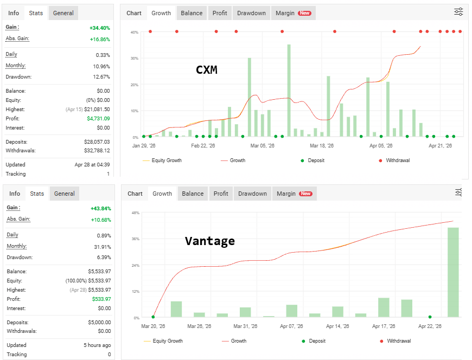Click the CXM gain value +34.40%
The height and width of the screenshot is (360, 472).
click(100, 28)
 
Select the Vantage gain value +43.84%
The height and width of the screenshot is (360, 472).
click(101, 208)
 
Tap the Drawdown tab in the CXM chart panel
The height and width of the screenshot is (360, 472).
click(251, 13)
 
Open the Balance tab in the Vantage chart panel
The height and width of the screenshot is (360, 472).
click(193, 194)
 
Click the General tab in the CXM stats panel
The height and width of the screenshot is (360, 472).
click(63, 13)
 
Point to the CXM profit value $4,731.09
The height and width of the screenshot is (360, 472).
click(98, 119)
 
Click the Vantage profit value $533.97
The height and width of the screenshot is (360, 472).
click(101, 299)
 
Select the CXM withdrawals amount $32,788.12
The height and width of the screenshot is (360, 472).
click(97, 150)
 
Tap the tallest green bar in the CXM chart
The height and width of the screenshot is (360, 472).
click(289, 91)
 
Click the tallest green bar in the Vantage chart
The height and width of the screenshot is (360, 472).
click(453, 272)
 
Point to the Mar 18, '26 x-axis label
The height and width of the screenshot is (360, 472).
click(322, 145)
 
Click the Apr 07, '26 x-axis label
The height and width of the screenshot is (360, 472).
click(291, 326)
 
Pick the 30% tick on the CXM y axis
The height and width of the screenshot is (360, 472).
click(134, 59)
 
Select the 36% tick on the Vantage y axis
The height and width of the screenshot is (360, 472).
click(136, 239)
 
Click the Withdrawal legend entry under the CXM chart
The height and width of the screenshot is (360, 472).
click(394, 160)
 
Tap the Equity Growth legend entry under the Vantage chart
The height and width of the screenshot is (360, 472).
click(163, 340)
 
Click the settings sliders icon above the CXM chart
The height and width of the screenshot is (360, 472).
click(458, 12)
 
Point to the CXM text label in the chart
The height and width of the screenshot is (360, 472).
click(207, 70)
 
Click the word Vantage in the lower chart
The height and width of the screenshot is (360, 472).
click(210, 241)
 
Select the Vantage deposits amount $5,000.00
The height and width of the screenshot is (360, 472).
click(99, 322)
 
